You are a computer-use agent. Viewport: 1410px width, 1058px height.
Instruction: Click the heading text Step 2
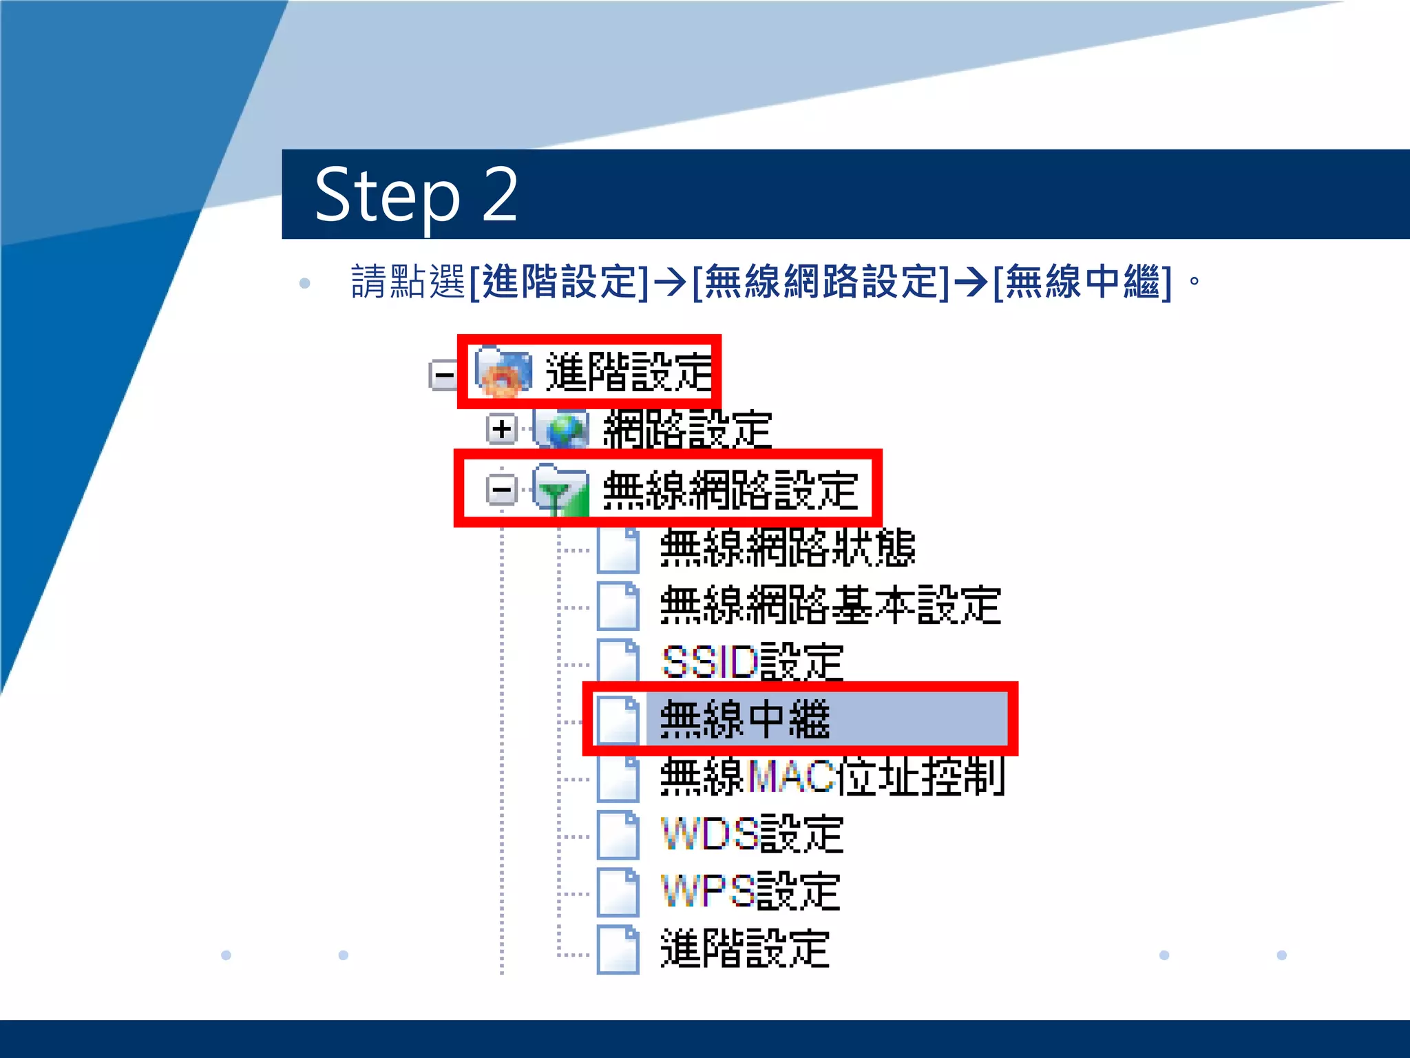[x=416, y=196]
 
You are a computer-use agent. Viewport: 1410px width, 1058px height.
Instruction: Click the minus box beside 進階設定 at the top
[x=442, y=375]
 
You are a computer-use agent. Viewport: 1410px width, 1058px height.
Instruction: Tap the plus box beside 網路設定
[x=501, y=429]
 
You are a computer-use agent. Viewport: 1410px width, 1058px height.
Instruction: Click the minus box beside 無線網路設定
[x=501, y=490]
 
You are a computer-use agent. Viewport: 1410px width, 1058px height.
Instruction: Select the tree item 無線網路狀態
[x=787, y=548]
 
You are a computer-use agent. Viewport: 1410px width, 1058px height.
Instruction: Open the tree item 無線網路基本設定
[x=830, y=605]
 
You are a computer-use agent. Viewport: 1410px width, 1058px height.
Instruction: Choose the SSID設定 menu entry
[x=752, y=663]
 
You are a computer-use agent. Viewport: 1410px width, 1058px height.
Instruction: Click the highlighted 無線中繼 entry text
[x=745, y=720]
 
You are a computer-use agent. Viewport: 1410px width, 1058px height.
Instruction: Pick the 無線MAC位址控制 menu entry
[x=832, y=777]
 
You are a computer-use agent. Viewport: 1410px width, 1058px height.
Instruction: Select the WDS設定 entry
[x=752, y=834]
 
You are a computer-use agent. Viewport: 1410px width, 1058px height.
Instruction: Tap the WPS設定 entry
[x=750, y=891]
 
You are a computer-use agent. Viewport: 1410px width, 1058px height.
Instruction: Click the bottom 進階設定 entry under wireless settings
[x=745, y=948]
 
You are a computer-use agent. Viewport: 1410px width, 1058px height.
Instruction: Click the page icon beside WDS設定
[x=618, y=835]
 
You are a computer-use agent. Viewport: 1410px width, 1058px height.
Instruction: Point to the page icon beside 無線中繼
[x=618, y=720]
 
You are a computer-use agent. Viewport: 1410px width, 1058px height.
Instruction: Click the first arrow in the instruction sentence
[x=670, y=282]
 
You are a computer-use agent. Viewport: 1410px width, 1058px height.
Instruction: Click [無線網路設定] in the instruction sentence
[x=821, y=282]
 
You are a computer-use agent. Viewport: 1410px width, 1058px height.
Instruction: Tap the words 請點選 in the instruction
[x=408, y=282]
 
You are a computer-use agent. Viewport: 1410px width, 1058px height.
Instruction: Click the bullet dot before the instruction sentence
[x=305, y=283]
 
